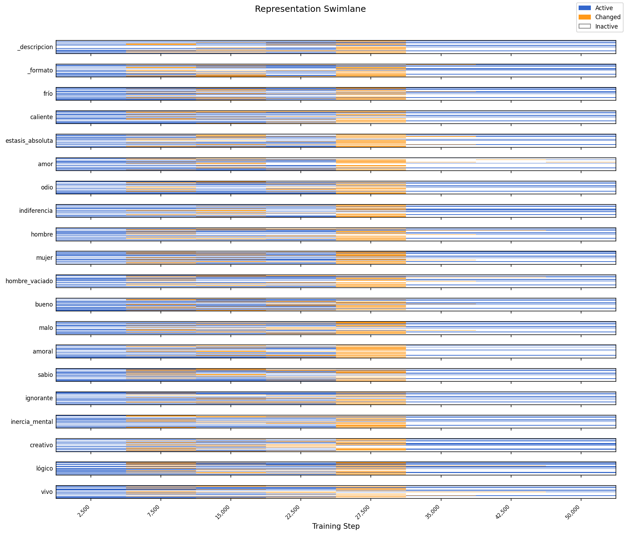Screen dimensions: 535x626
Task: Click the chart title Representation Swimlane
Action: click(x=310, y=9)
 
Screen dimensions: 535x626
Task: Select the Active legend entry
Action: click(x=604, y=8)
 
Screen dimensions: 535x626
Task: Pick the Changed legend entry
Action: click(x=608, y=17)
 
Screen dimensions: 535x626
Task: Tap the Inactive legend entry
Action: click(x=606, y=26)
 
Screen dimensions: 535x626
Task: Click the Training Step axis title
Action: click(x=336, y=526)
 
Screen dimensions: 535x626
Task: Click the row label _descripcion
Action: click(x=35, y=47)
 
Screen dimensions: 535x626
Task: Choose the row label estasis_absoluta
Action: click(x=29, y=141)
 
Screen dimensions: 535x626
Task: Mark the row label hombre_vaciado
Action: click(x=29, y=281)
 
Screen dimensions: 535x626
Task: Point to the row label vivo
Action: click(x=47, y=492)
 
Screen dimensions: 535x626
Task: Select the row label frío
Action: click(x=48, y=94)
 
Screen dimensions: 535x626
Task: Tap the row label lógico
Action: click(x=44, y=468)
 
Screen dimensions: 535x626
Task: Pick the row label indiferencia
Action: click(x=36, y=211)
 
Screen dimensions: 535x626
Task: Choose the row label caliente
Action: click(x=41, y=117)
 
